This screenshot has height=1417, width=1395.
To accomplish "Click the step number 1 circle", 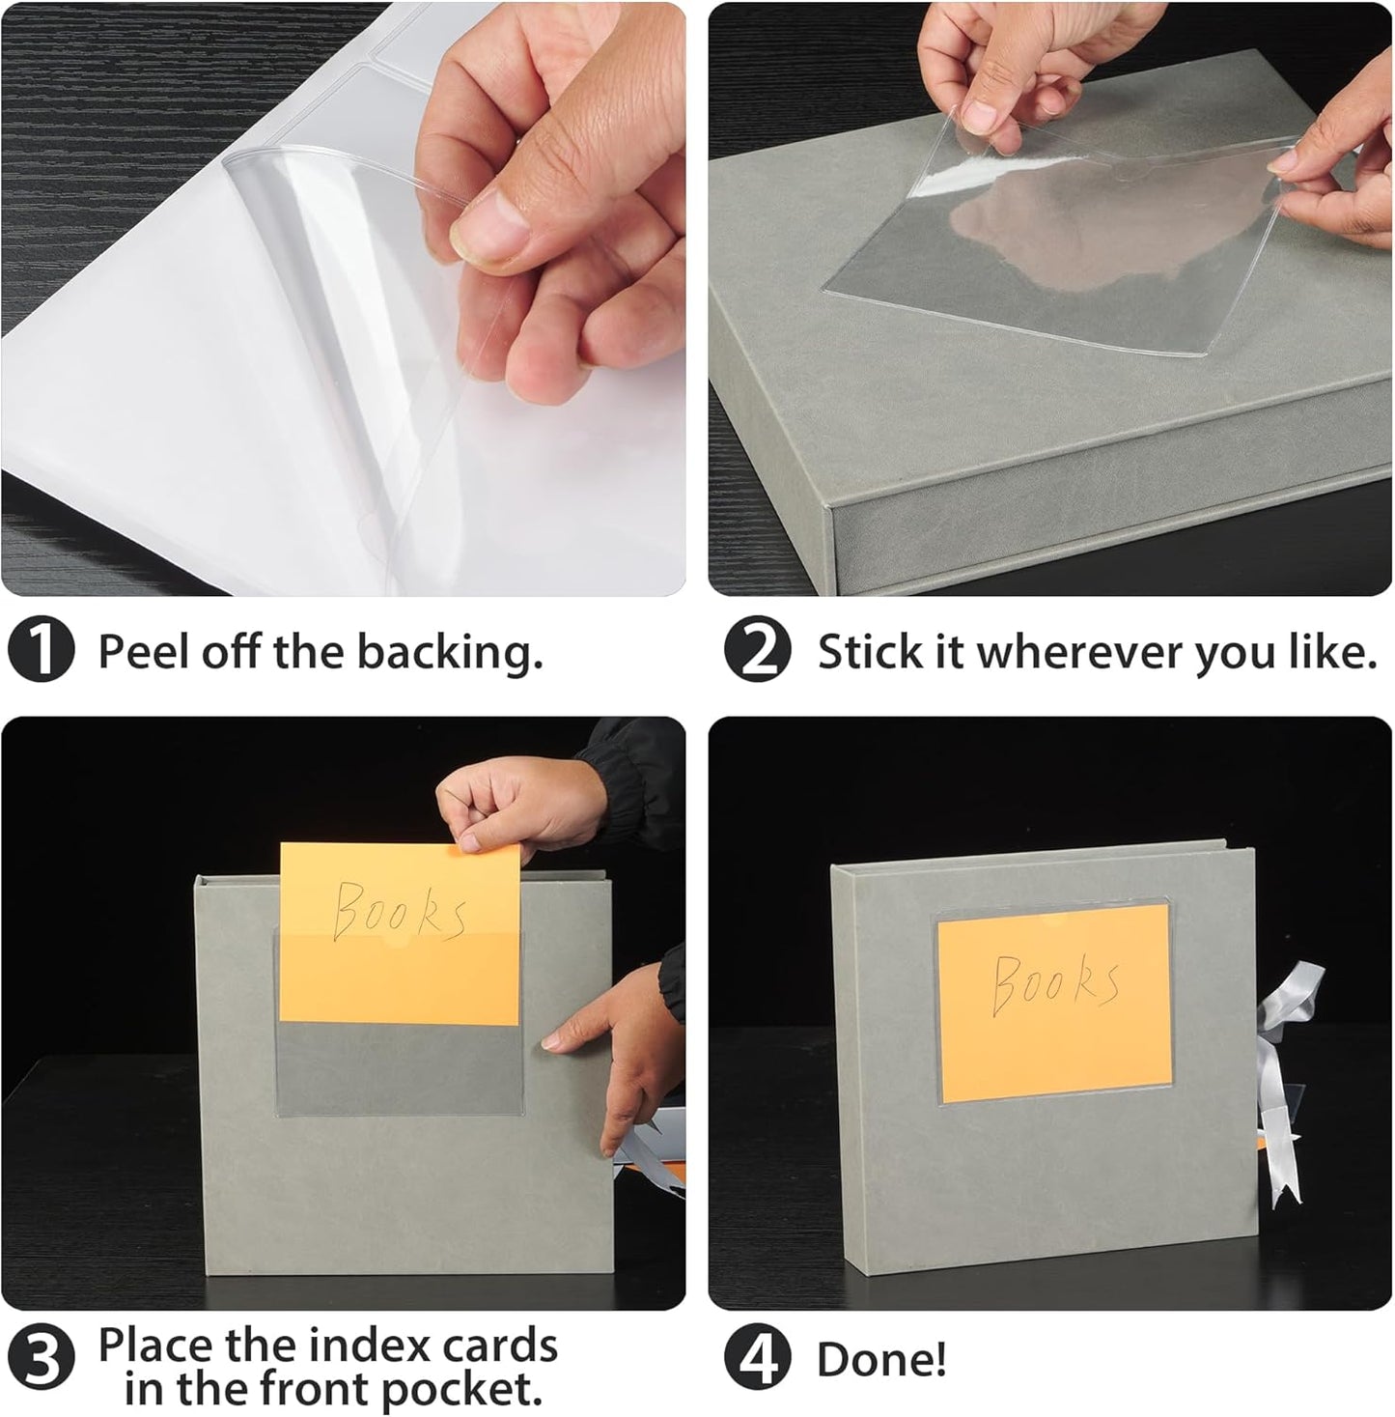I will [x=41, y=653].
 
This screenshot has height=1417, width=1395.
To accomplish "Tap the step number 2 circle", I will [x=757, y=653].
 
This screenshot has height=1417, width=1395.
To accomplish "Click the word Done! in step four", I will [x=881, y=1360].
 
